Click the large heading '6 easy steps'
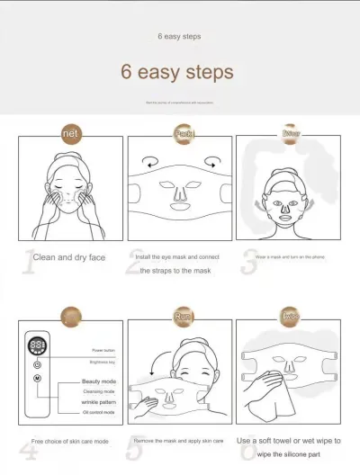coord(177,72)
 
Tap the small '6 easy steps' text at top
coord(179,36)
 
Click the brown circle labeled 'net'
coord(72,134)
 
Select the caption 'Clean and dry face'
coord(69,257)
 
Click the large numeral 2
coord(135,260)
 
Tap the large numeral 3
coord(249,260)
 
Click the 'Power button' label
coord(103,349)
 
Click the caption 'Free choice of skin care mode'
coord(69,442)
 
